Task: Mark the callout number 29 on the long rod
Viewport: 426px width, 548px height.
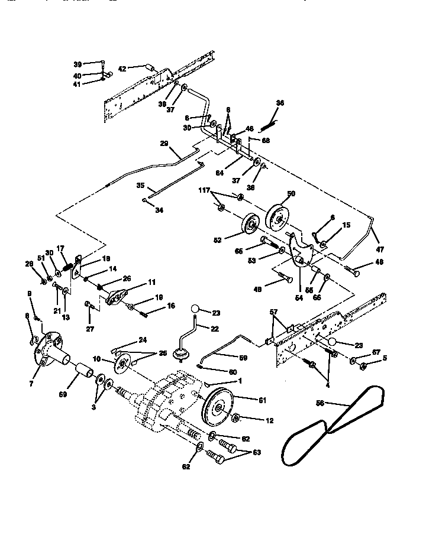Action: pyautogui.click(x=164, y=144)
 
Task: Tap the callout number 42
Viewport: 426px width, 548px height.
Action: pyautogui.click(x=123, y=69)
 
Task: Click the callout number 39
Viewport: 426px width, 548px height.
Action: pyautogui.click(x=77, y=64)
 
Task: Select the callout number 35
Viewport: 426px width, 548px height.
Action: pyautogui.click(x=141, y=185)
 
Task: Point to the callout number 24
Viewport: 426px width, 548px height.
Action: pyautogui.click(x=142, y=340)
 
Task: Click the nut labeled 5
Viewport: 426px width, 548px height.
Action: pyautogui.click(x=362, y=367)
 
